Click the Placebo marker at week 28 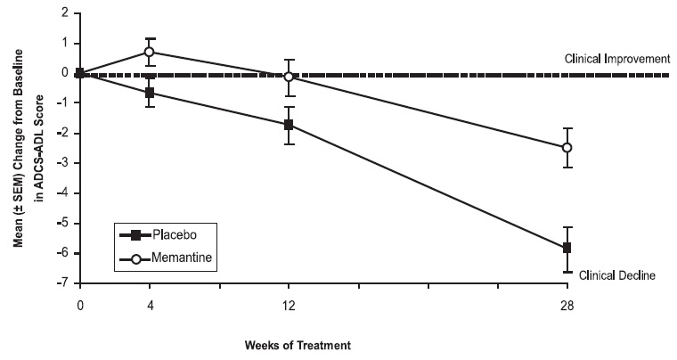566,248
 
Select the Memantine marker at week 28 566,148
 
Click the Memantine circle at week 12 289,77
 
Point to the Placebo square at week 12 289,125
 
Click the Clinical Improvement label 616,59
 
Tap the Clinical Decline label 617,276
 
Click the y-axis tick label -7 64,284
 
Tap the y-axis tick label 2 66,13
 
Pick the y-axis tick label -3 64,164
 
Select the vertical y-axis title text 26,148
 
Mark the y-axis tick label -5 64,224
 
